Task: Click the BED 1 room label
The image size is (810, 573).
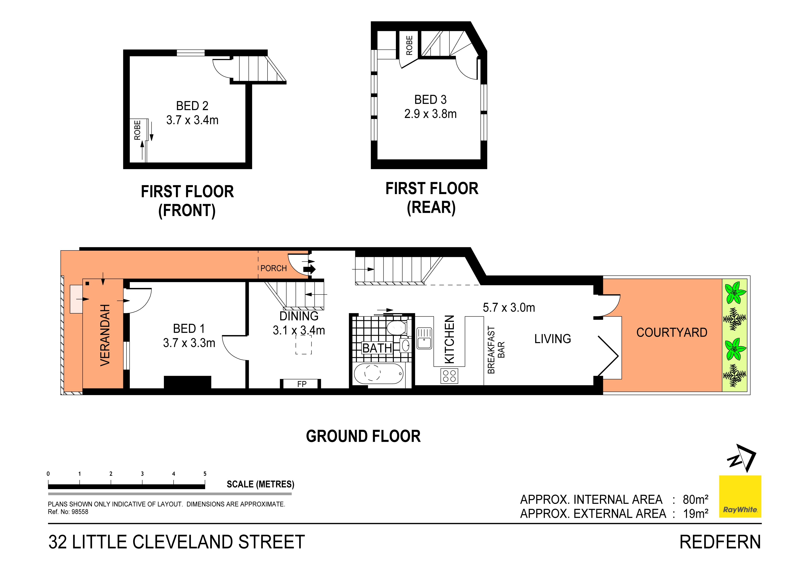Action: [189, 329]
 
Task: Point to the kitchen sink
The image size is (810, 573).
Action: [424, 338]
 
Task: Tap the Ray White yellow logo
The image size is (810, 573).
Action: [740, 496]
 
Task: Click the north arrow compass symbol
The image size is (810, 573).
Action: [742, 458]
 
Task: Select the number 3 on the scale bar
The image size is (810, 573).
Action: [142, 474]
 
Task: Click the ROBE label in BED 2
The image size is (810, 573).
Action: [138, 130]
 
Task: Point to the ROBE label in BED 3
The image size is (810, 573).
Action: [409, 45]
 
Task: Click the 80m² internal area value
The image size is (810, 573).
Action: [695, 500]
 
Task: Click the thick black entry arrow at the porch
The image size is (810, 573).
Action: [309, 269]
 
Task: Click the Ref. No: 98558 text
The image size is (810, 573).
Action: [68, 512]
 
